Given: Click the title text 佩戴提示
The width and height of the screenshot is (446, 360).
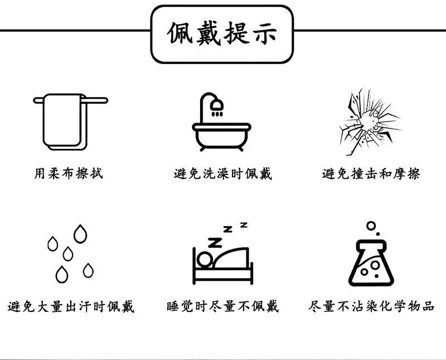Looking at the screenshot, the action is click(222, 35).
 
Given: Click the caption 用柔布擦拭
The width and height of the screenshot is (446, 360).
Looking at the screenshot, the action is click(69, 174).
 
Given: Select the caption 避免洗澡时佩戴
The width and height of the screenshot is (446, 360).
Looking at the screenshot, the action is click(222, 174).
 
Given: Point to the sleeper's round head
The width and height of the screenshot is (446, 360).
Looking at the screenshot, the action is click(205, 259).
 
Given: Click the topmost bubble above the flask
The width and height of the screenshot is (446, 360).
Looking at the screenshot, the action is click(371, 225).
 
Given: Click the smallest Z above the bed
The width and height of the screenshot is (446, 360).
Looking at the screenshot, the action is click(244, 225).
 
